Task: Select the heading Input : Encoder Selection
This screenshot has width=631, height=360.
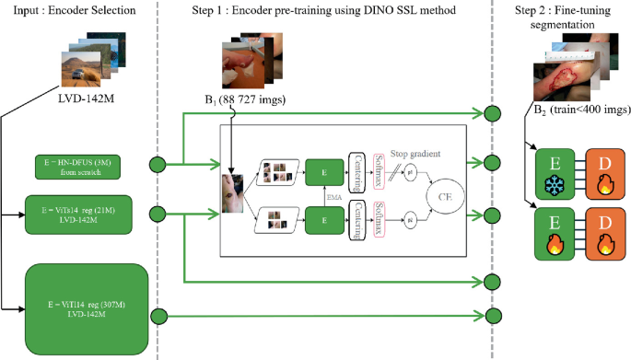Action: pyautogui.click(x=74, y=10)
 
